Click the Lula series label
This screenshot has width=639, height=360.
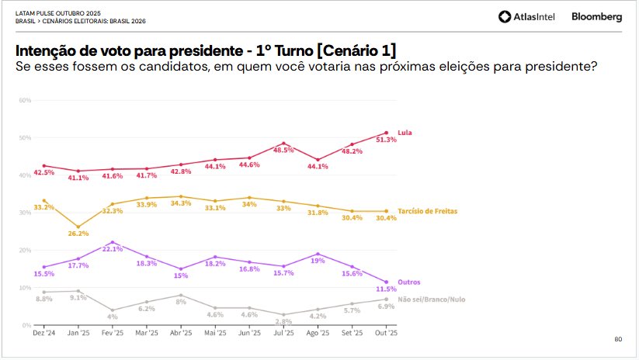tap(404, 133)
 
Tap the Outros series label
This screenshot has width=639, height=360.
tap(408, 282)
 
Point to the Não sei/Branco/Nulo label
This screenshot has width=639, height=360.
tap(432, 299)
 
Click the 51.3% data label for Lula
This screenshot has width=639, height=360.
tap(386, 140)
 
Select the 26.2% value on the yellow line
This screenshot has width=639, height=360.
tap(78, 234)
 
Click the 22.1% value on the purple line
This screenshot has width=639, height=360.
tap(113, 249)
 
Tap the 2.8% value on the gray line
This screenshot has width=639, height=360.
tap(283, 321)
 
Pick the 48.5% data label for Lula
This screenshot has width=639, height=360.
tap(283, 151)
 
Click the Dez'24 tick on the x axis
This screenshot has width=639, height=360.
tap(43, 333)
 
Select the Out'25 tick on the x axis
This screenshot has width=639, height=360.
tap(386, 333)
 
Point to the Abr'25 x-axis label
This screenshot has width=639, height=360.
tap(181, 333)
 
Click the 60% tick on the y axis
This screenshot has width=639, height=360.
tap(24, 101)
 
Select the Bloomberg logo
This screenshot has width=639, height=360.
tap(596, 16)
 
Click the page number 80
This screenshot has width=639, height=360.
tap(618, 339)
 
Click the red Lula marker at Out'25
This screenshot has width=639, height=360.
tap(386, 133)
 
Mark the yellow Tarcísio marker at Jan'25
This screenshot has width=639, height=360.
tap(78, 227)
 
